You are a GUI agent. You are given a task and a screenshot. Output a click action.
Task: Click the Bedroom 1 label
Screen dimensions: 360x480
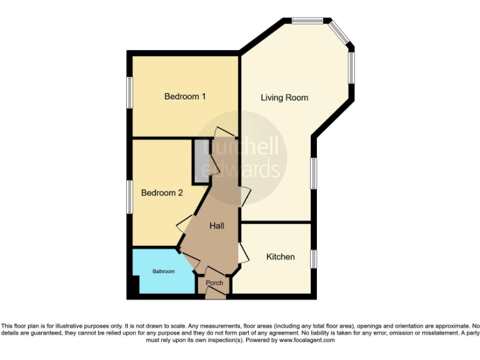tap(185, 96)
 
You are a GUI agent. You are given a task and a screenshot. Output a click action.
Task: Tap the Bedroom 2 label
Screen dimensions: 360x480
tap(162, 192)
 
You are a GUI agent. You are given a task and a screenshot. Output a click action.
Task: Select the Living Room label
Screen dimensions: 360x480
tap(284, 97)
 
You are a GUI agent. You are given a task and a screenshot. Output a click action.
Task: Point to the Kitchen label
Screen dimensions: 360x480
tap(281, 257)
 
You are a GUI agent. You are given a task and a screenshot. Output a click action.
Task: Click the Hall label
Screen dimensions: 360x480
tap(217, 226)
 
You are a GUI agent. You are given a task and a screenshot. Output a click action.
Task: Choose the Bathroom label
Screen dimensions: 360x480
tap(164, 271)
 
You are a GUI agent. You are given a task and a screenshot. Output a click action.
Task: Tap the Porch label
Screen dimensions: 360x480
tap(214, 283)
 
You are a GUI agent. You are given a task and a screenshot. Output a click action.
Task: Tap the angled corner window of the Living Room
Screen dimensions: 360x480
tap(341, 34)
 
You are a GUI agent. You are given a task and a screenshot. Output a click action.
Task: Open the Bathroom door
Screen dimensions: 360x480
tap(191, 262)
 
